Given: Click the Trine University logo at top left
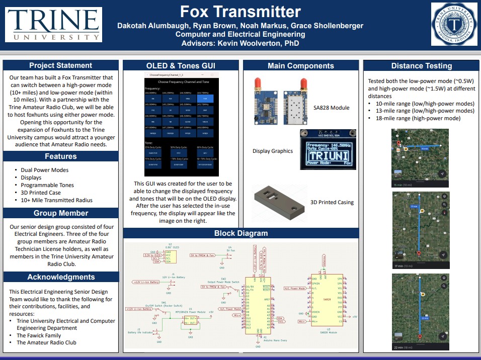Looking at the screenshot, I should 53,25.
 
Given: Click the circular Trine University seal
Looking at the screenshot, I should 454,24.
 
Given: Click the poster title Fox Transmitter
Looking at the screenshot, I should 240,11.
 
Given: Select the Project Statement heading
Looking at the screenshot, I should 60,65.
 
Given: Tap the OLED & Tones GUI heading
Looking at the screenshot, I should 181,65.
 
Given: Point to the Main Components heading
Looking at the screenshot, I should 300,65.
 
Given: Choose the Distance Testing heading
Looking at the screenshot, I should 421,66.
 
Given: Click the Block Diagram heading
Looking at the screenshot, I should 240,233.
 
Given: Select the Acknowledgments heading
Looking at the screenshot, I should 61,277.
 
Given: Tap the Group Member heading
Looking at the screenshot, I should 60,213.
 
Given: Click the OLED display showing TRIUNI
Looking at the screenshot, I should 328,149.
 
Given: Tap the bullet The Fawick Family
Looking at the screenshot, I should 39,335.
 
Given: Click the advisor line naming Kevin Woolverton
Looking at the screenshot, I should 240,44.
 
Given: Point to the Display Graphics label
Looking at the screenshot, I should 272,151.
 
